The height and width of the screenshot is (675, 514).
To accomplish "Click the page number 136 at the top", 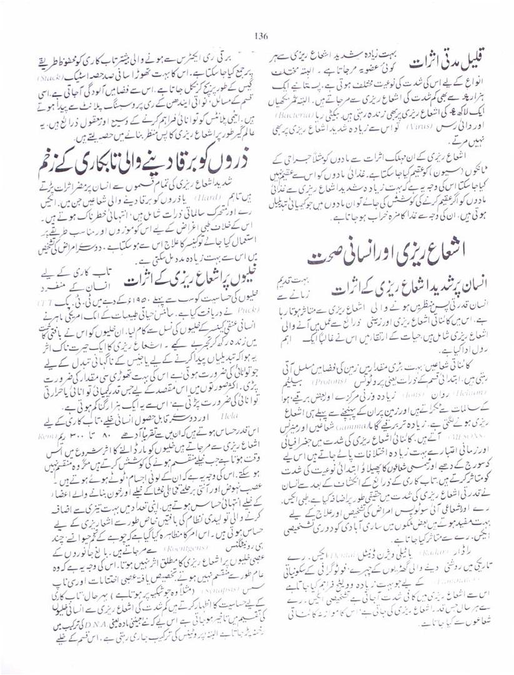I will (x=261, y=36).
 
